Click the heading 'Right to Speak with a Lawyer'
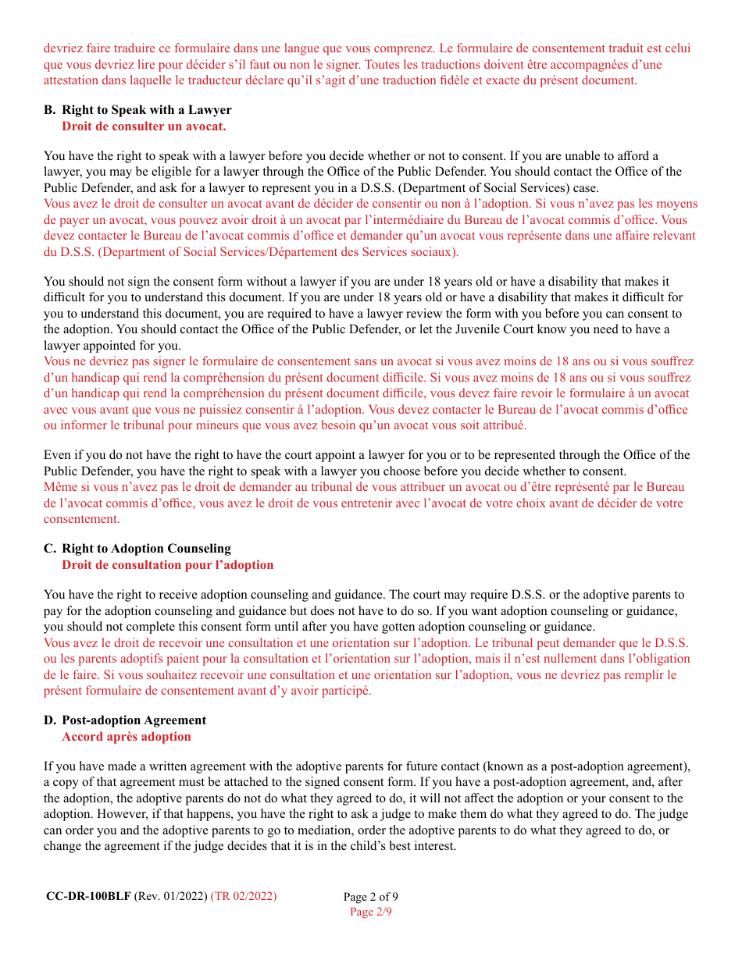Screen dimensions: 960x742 pos(146,110)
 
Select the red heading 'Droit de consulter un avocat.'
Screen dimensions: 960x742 pos(144,126)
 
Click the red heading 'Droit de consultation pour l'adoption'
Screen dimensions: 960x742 pos(168,564)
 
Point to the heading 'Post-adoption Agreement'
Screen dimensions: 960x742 pos(134,720)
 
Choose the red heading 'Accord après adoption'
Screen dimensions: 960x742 pos(127,736)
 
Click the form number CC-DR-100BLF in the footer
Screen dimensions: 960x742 pos(88,896)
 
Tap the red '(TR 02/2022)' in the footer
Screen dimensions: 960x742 pos(244,896)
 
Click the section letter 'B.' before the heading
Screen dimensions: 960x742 pos(50,110)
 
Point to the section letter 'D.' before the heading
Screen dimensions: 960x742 pos(50,720)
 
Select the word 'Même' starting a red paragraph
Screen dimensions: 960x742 pos(59,487)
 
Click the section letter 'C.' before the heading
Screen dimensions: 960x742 pos(50,549)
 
